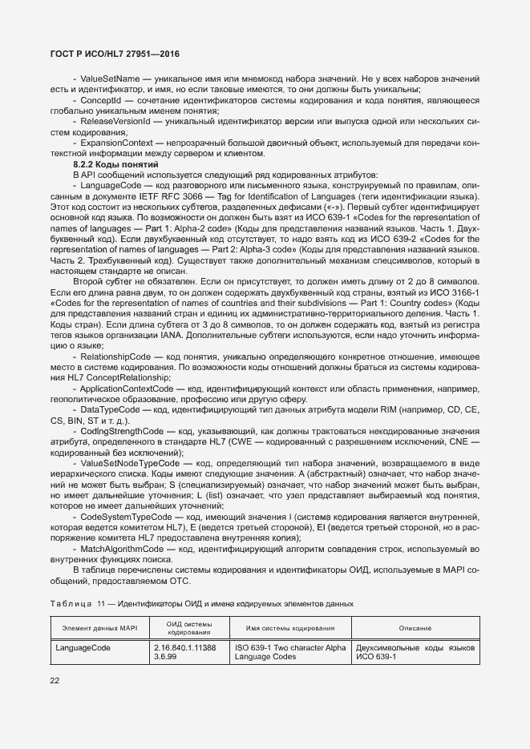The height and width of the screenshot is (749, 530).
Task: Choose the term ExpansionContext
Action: click(x=116, y=143)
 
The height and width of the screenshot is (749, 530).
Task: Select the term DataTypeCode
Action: click(x=111, y=409)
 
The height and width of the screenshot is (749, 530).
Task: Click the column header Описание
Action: click(x=416, y=628)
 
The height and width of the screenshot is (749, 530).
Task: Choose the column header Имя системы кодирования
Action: click(x=289, y=628)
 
